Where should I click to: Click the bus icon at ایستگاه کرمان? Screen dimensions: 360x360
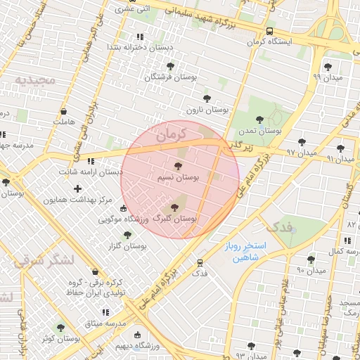270,31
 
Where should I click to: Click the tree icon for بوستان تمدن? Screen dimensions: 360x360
259,120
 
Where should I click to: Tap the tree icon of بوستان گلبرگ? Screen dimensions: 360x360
174,207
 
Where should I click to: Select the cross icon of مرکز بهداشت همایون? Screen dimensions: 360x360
77,188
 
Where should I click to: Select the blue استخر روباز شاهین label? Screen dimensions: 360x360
246,252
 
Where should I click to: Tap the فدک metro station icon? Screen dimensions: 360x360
200,262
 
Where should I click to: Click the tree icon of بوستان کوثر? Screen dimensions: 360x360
60,327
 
